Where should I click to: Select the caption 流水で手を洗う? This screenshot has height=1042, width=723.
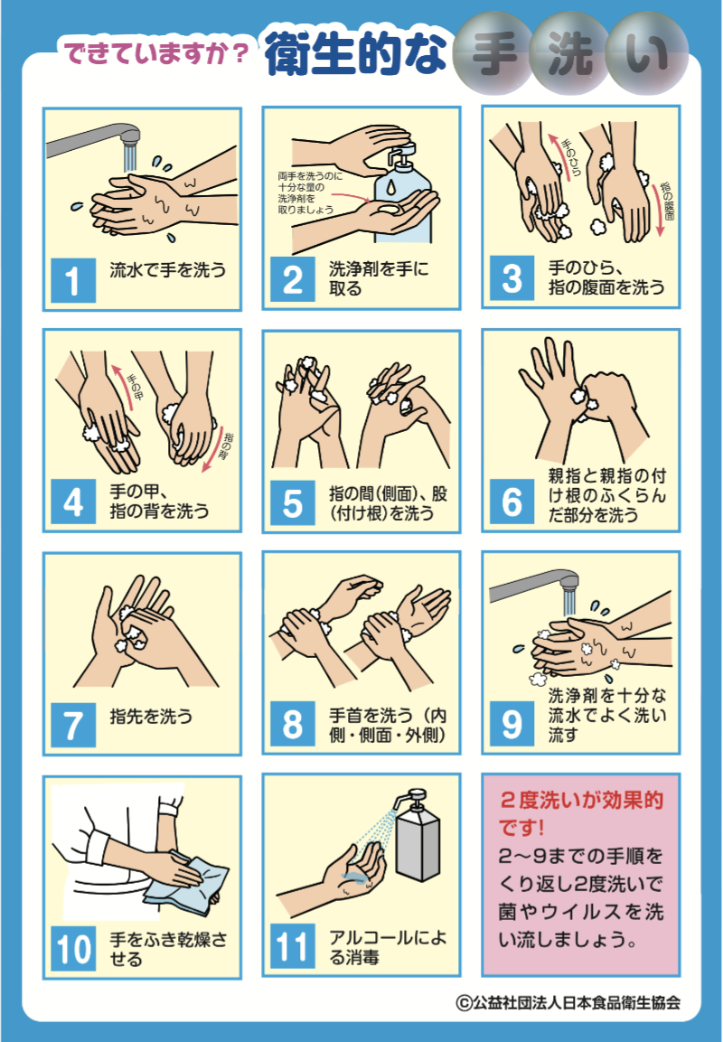coord(168,270)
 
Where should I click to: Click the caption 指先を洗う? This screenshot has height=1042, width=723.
coord(151,716)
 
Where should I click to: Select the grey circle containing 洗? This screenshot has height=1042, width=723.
coord(568,57)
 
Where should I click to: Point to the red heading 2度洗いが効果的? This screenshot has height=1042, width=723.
coord(582,801)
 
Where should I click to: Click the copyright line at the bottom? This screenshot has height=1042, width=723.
coord(568,1002)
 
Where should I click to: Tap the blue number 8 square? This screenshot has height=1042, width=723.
coord(293,725)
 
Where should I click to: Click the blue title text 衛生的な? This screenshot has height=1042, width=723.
coord(355,54)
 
